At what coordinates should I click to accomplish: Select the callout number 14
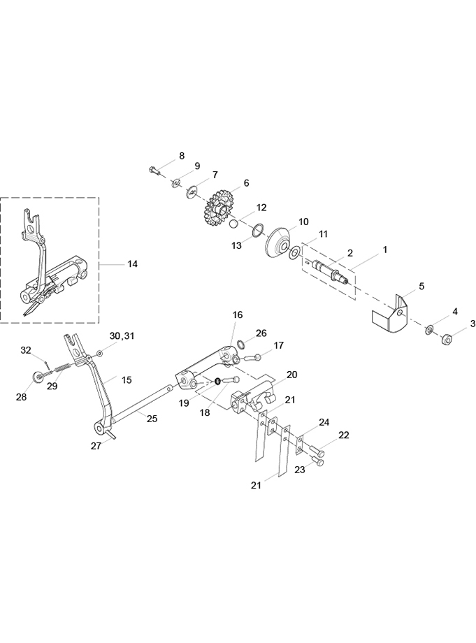[132, 264]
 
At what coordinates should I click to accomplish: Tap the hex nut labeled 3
[446, 340]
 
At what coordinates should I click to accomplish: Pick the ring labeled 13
[257, 231]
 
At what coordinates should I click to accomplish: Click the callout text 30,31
[122, 336]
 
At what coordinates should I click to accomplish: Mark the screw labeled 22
[317, 451]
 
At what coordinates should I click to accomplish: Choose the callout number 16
[238, 315]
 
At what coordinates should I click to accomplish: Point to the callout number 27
[96, 446]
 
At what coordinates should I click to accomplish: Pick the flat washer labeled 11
[294, 254]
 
